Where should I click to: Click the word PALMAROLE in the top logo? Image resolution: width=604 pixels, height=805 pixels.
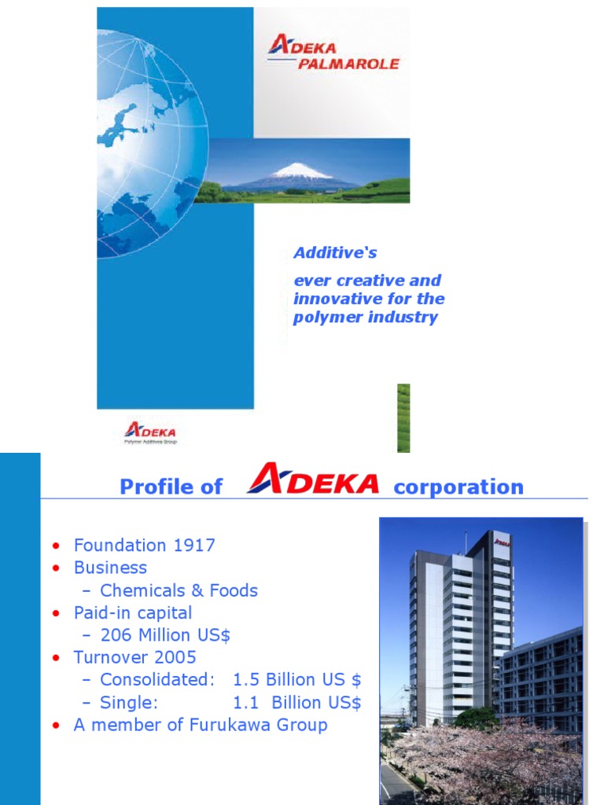click(x=348, y=63)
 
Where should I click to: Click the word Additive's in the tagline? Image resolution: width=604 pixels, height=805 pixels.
click(x=335, y=252)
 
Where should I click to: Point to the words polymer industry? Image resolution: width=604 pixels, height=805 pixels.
click(x=365, y=318)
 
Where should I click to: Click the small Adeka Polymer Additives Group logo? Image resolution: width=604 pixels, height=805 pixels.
click(x=150, y=432)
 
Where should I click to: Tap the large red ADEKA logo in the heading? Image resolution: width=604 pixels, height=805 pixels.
click(x=312, y=481)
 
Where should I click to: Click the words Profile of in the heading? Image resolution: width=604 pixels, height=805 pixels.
click(x=171, y=487)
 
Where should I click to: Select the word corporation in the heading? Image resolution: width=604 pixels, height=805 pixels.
click(x=458, y=487)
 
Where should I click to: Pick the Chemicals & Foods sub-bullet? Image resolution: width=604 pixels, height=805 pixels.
click(x=179, y=590)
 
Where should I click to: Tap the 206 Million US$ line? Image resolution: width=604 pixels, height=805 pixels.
click(x=165, y=635)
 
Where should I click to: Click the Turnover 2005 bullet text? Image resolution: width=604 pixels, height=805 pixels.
click(x=134, y=657)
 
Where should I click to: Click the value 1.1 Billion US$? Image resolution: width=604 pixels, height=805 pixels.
click(x=296, y=702)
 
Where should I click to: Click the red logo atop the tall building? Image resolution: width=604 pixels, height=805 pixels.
click(x=501, y=542)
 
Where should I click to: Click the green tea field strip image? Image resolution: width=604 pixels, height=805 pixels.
click(x=403, y=417)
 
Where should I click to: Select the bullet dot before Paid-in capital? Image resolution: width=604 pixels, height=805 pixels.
click(x=55, y=613)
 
